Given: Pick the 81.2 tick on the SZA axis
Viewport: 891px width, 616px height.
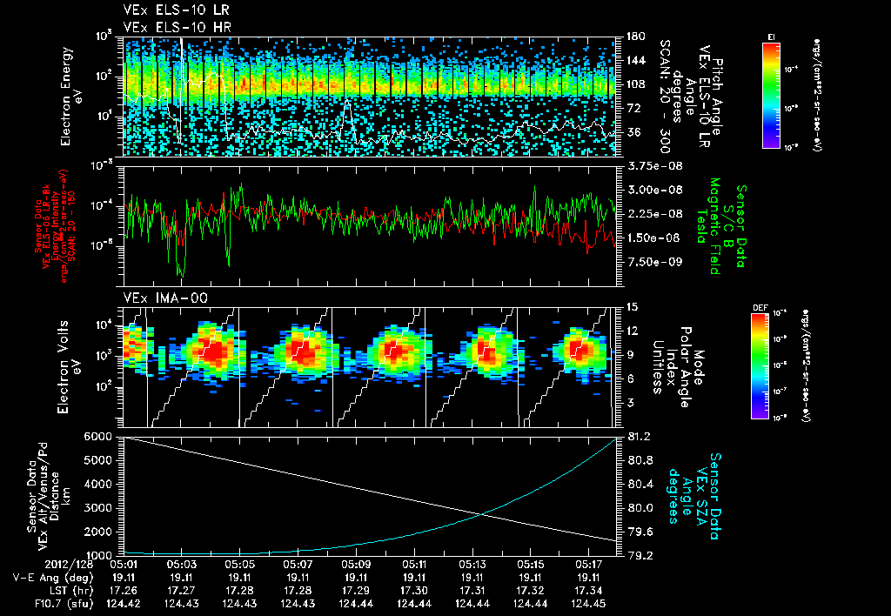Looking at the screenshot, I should tap(640, 436).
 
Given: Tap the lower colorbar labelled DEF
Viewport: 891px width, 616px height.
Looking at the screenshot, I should tap(760, 365).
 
